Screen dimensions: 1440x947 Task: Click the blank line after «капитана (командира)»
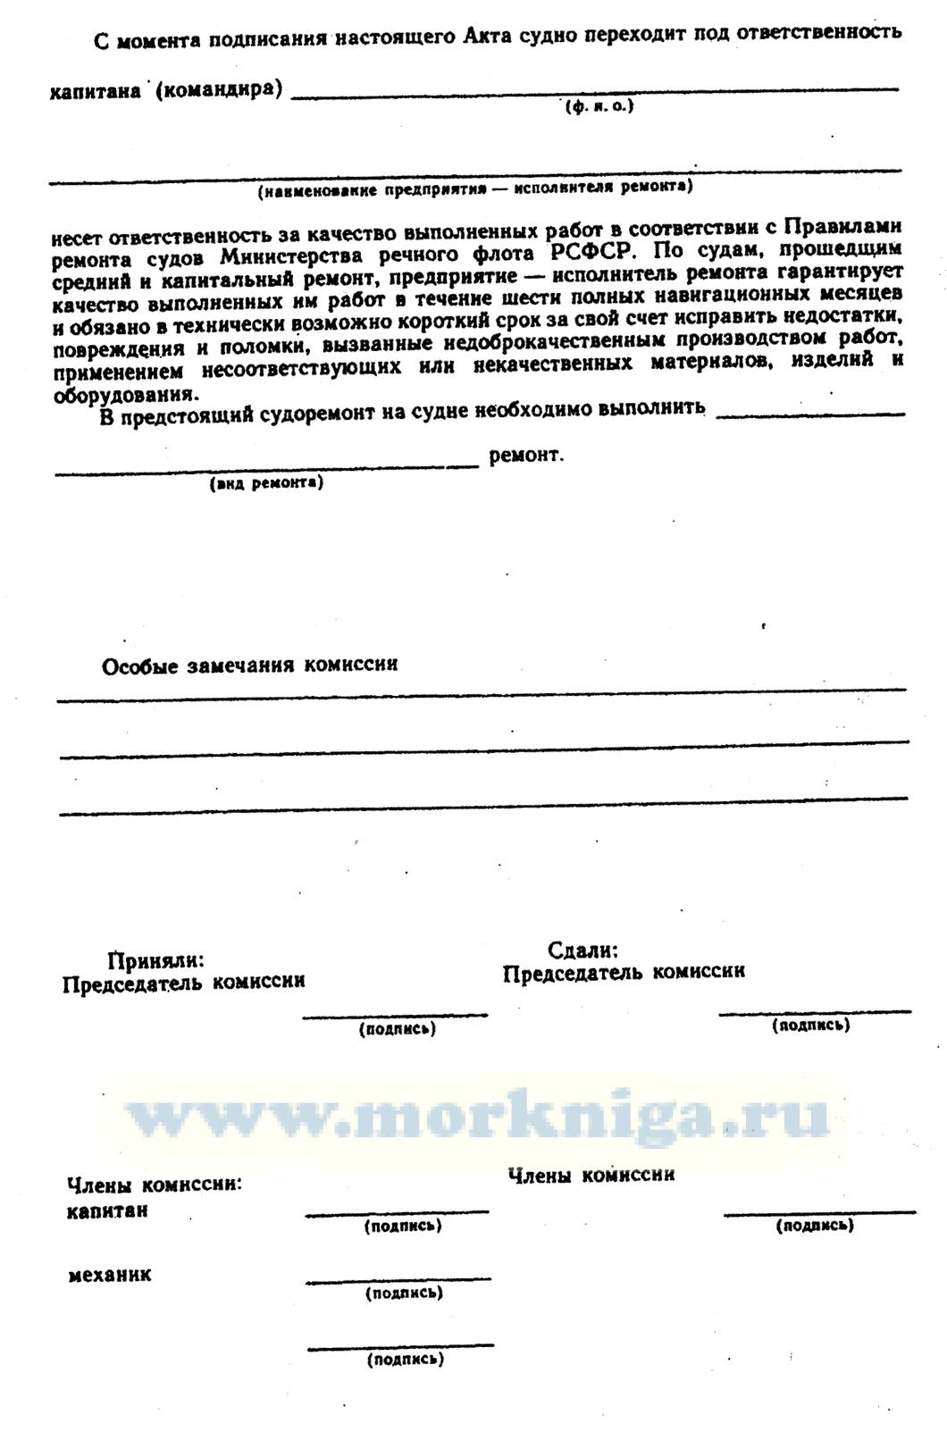[x=594, y=89]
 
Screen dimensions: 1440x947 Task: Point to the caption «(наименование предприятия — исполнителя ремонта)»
[x=474, y=188]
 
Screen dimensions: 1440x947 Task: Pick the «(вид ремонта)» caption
[x=266, y=483]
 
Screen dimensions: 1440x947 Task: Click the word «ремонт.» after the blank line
[x=526, y=456]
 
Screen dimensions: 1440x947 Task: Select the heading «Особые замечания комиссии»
[x=250, y=666]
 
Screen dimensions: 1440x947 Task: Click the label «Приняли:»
[x=155, y=960]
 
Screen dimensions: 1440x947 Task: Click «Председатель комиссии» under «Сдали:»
[x=624, y=972]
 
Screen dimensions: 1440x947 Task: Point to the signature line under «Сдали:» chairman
[x=814, y=1012]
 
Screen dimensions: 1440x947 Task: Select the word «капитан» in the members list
[x=108, y=1211]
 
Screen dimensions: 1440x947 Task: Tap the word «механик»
[x=110, y=1275]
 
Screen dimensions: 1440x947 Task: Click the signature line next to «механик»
[x=398, y=1281]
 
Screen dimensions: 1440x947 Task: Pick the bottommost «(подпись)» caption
[x=405, y=1360]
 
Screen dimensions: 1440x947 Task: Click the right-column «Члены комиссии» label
[x=591, y=1176]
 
